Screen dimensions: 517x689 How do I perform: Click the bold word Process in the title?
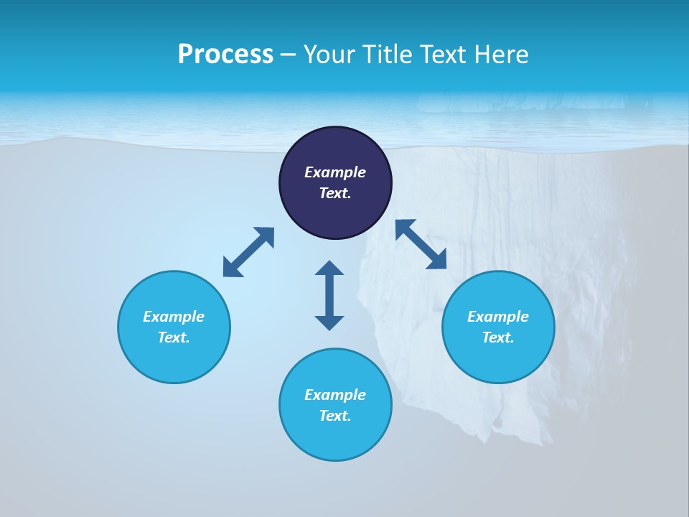pyautogui.click(x=225, y=55)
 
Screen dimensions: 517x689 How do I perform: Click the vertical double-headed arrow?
pyautogui.click(x=329, y=295)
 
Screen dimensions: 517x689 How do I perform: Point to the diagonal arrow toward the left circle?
pyautogui.click(x=248, y=252)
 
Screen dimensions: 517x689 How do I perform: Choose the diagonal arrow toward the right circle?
pyautogui.click(x=421, y=244)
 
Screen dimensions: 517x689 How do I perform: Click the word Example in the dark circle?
pyautogui.click(x=335, y=172)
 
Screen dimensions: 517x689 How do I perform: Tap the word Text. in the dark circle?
pyautogui.click(x=335, y=193)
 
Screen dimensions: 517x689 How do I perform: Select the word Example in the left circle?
pyautogui.click(x=174, y=317)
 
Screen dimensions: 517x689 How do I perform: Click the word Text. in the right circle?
pyautogui.click(x=498, y=337)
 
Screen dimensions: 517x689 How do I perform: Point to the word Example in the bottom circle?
pyautogui.click(x=335, y=395)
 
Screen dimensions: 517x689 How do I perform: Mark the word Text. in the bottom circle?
pyautogui.click(x=335, y=416)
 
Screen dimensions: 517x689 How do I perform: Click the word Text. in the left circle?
pyautogui.click(x=174, y=337)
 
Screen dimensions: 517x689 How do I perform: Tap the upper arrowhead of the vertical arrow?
pyautogui.click(x=329, y=268)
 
